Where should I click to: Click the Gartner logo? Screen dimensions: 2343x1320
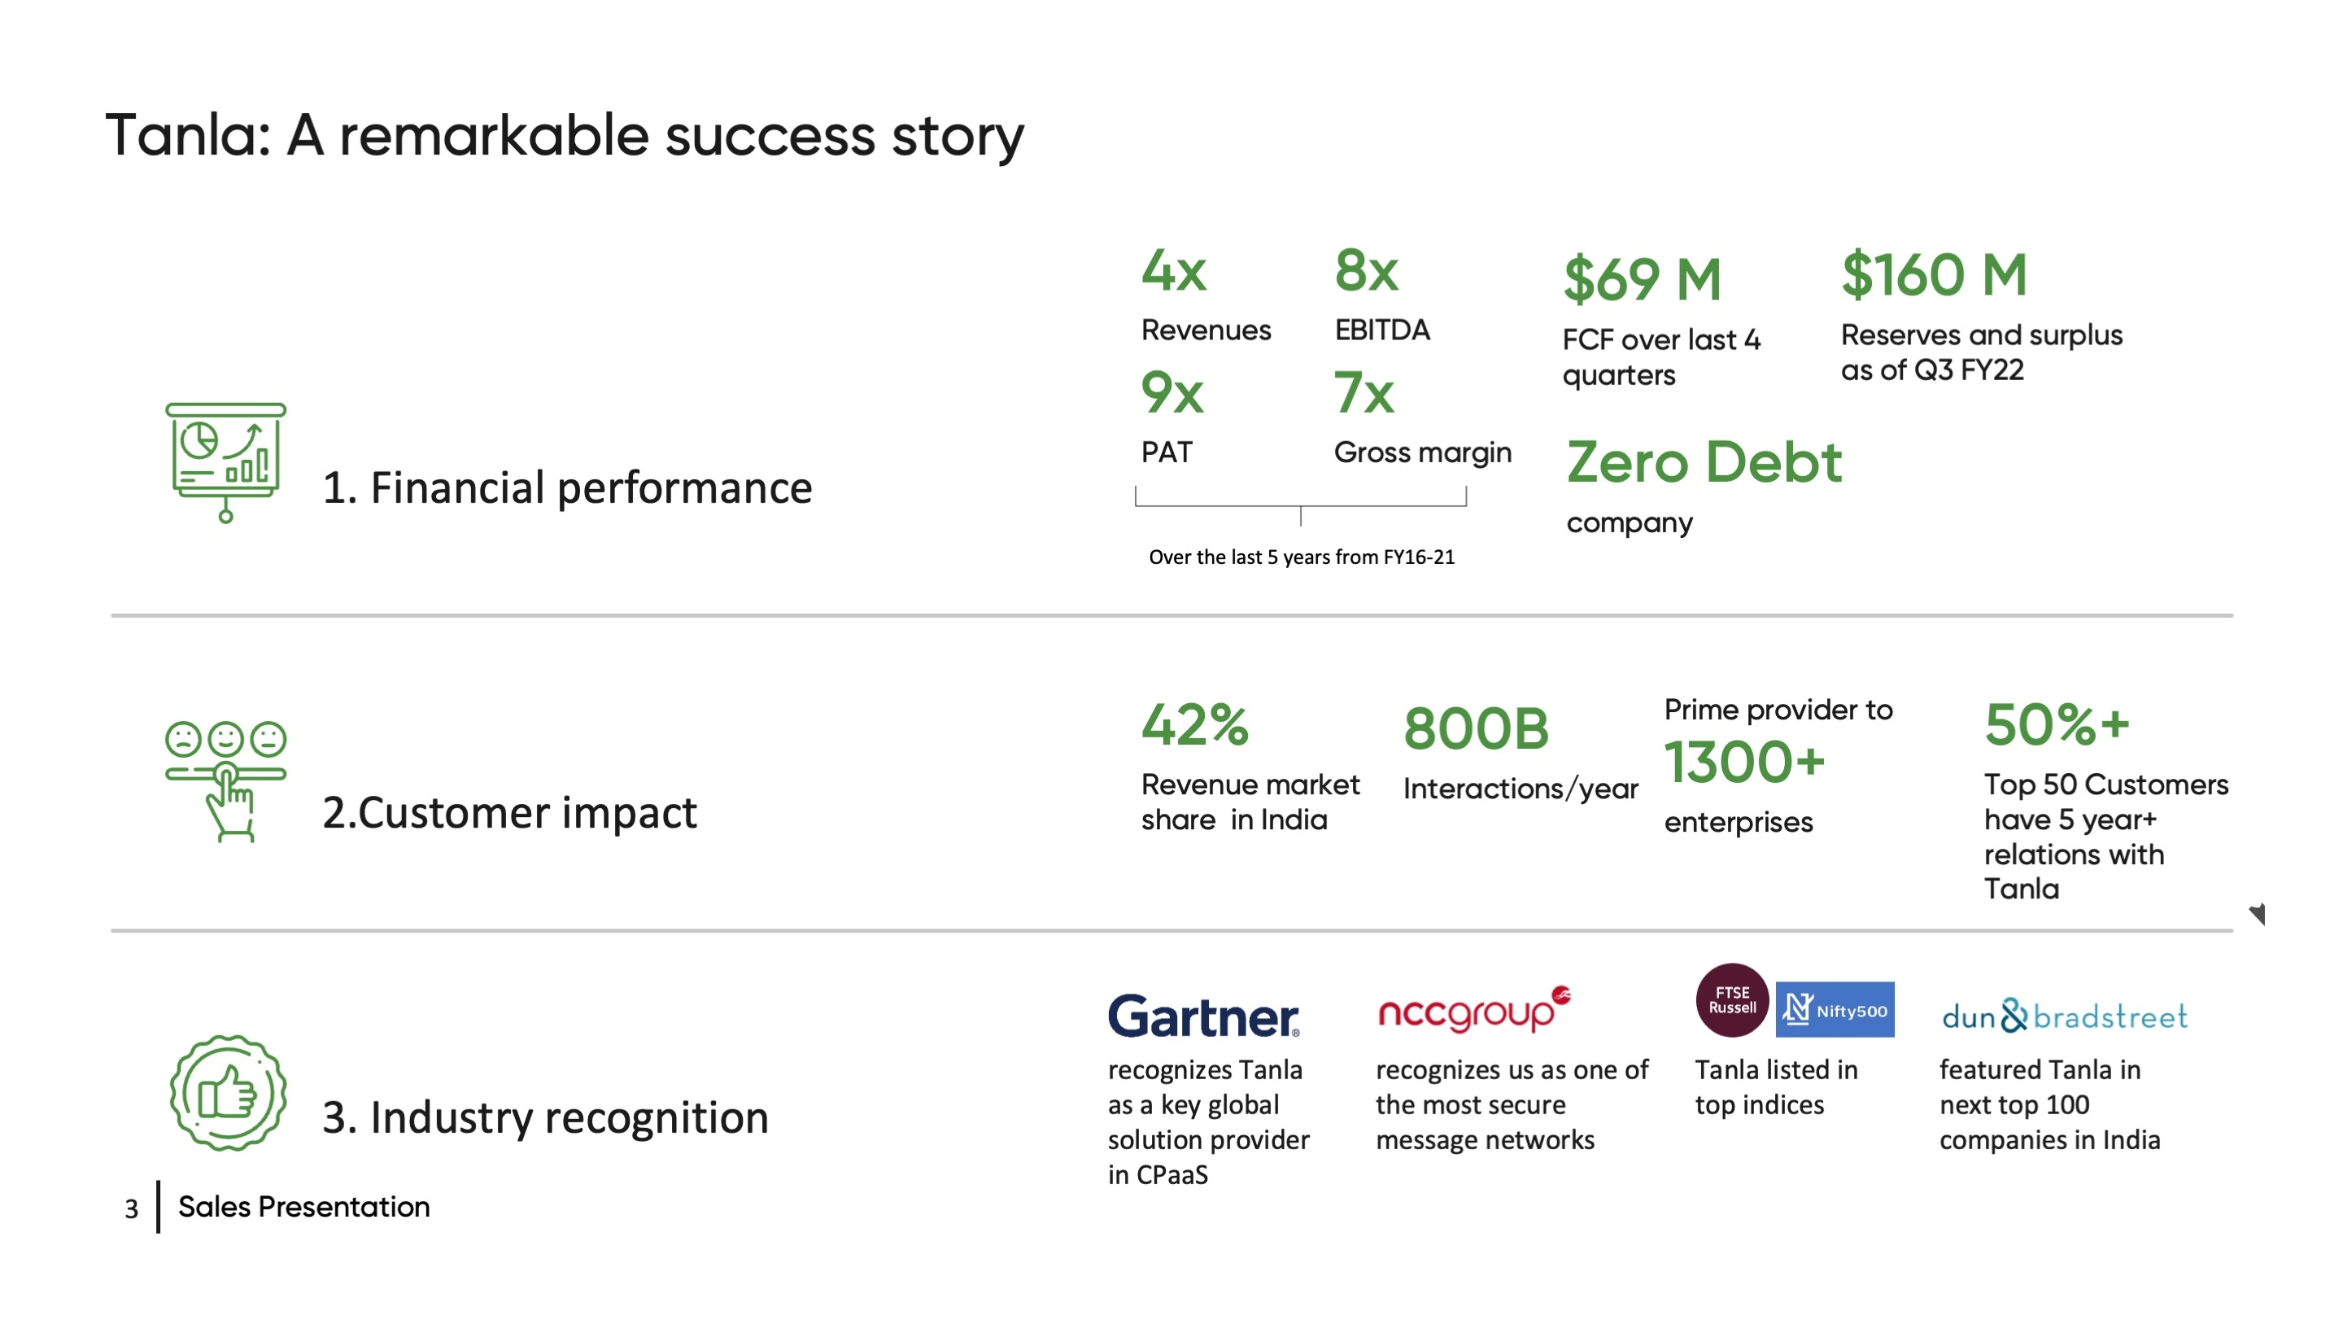pyautogui.click(x=1203, y=1016)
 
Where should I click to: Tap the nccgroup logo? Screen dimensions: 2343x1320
pyautogui.click(x=1474, y=1009)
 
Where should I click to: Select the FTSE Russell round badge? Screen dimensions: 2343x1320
pyautogui.click(x=1732, y=1000)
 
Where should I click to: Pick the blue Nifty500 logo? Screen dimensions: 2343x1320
pyautogui.click(x=1835, y=1010)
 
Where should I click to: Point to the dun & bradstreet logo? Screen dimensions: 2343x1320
pyautogui.click(x=2065, y=1016)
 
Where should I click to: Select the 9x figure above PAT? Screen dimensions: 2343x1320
pyautogui.click(x=1172, y=392)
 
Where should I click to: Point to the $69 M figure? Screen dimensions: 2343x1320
pyautogui.click(x=1643, y=278)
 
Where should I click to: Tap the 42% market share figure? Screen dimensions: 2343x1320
pyautogui.click(x=1195, y=724)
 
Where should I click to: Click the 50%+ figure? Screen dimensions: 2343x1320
pyautogui.click(x=2057, y=724)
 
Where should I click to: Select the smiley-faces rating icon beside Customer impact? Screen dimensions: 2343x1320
pyautogui.click(x=225, y=780)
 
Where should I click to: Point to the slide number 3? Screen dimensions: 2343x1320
pyautogui.click(x=132, y=1209)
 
